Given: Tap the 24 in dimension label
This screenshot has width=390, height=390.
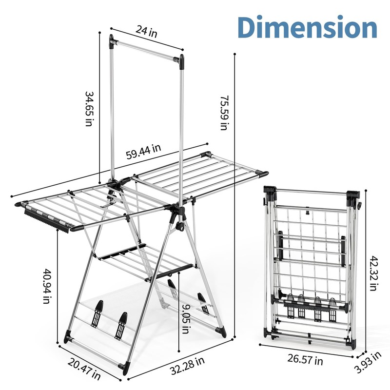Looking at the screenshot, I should coord(146,33).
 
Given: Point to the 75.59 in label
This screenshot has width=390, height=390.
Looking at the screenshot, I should coord(223,113).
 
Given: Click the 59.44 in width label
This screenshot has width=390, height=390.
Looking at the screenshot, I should coord(144,152).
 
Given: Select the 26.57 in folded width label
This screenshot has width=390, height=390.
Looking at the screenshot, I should coord(305,360).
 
